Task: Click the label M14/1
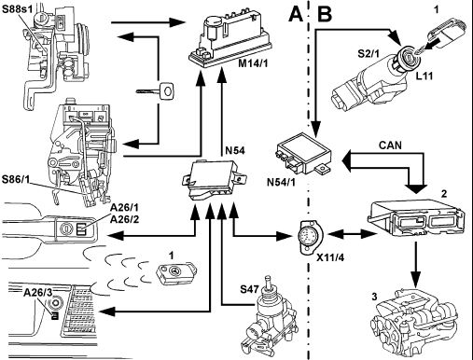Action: click(253, 63)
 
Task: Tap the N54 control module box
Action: click(213, 179)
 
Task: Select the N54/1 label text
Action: click(281, 183)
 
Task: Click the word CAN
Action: click(390, 145)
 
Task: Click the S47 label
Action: click(249, 289)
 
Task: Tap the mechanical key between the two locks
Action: click(155, 91)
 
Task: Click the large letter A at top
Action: click(296, 15)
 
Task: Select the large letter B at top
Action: click(325, 15)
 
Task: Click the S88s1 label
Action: click(17, 8)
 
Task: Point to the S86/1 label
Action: click(15, 180)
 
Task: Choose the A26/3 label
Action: click(38, 293)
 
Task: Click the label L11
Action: click(424, 76)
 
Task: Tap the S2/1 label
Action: click(369, 54)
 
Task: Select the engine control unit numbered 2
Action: click(416, 216)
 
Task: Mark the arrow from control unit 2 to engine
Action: click(415, 264)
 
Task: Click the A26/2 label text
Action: click(124, 219)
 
